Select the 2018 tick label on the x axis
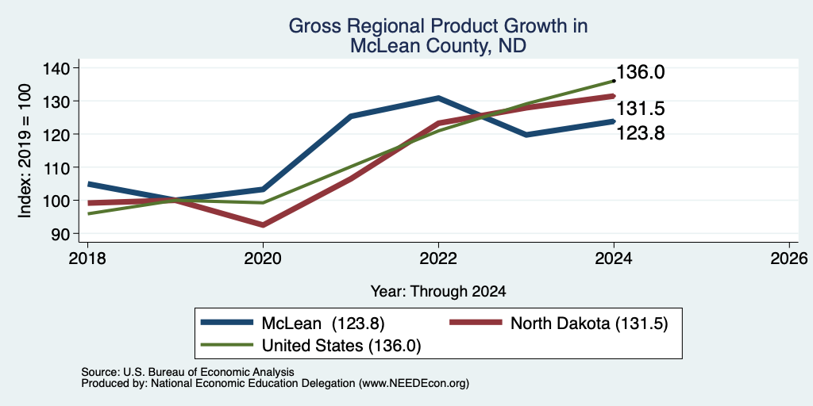click(87, 259)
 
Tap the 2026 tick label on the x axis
click(789, 259)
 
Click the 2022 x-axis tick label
click(438, 259)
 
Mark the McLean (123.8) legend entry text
click(323, 324)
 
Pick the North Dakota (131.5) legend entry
click(589, 324)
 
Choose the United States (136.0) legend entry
click(341, 346)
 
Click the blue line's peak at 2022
click(438, 98)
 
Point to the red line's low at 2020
click(264, 224)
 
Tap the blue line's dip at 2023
click(526, 135)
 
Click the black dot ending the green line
click(614, 81)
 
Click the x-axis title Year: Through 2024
click(438, 292)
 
